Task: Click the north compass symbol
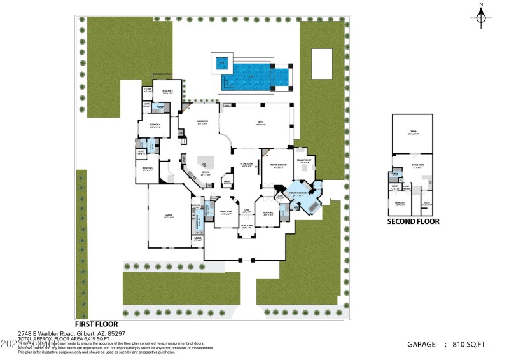point(481,17)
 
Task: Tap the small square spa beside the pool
point(221,63)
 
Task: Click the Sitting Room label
point(246,165)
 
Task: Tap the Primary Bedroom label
point(278,165)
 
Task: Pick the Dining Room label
point(226,213)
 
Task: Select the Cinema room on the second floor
point(412,134)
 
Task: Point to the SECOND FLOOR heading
point(413,222)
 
